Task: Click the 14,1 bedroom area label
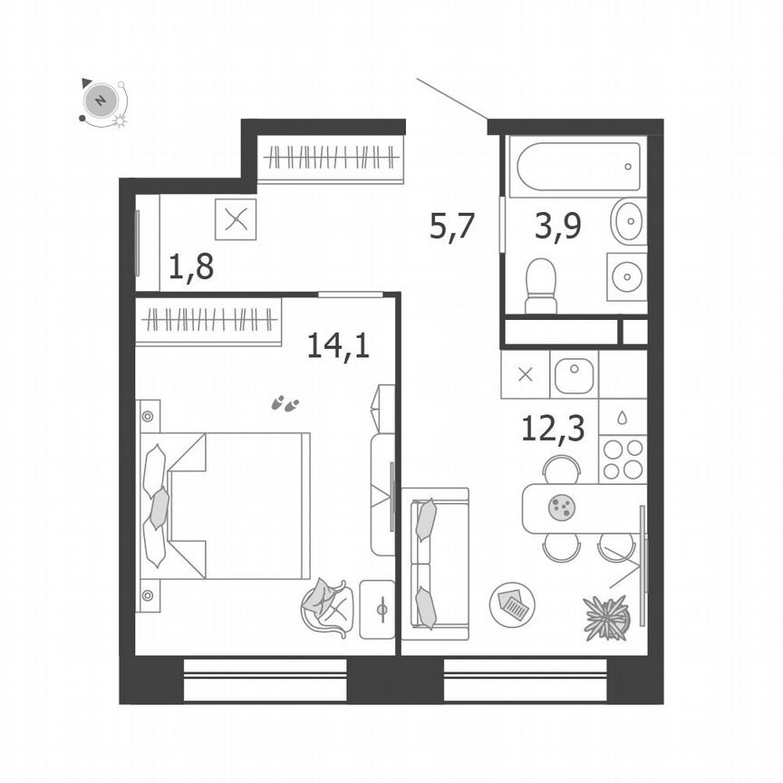(x=338, y=345)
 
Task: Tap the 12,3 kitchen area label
(x=552, y=428)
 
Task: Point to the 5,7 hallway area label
(x=452, y=227)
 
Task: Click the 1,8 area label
(x=191, y=268)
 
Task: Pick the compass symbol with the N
(x=101, y=99)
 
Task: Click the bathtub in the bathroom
(x=576, y=166)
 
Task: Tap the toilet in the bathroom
(x=541, y=285)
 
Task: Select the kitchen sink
(x=574, y=375)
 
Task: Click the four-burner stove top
(x=623, y=459)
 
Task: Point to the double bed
(x=227, y=505)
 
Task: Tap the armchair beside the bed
(x=327, y=607)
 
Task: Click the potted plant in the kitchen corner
(x=606, y=618)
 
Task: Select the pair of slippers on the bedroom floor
(x=286, y=403)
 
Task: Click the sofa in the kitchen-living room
(x=434, y=558)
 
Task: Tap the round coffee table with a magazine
(x=512, y=604)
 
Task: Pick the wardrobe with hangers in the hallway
(x=330, y=159)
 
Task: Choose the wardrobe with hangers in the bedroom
(x=208, y=320)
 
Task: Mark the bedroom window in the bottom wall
(x=266, y=679)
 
